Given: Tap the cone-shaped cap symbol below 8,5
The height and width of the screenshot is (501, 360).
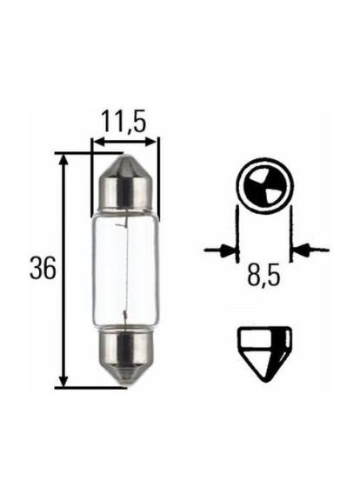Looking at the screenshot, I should pyautogui.click(x=264, y=350).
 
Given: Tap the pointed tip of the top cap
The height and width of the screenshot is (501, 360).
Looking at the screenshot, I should pyautogui.click(x=125, y=157).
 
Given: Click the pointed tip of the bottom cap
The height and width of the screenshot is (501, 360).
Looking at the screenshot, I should pyautogui.click(x=125, y=384).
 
